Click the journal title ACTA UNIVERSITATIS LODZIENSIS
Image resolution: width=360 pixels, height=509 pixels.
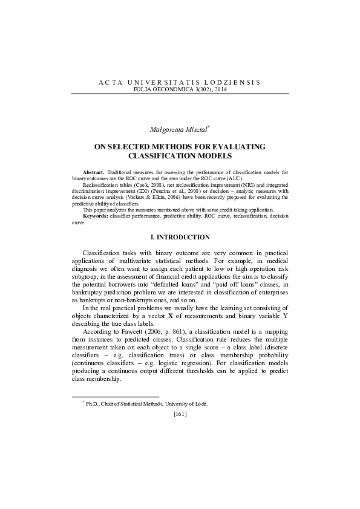[x=180, y=81]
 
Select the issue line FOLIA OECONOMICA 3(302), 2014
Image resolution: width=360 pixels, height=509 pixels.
[x=180, y=88]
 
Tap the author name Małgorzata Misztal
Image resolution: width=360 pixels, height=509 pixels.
[x=178, y=129]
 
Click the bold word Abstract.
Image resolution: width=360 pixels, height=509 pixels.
[x=93, y=173]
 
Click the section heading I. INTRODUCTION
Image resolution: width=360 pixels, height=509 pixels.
[x=180, y=238]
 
